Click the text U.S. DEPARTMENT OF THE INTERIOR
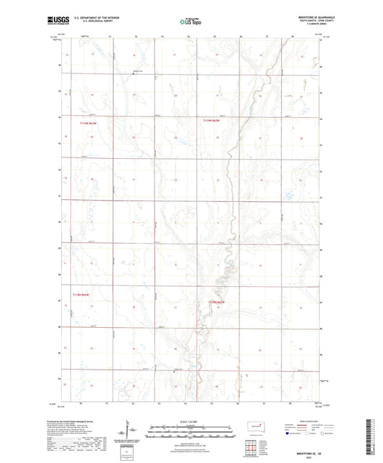pos(104,19)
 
